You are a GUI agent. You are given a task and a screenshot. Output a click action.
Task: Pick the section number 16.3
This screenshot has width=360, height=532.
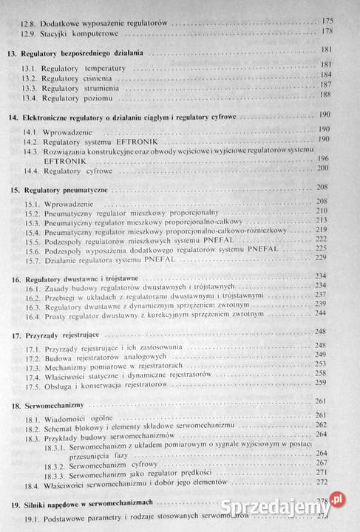(x=30, y=304)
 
